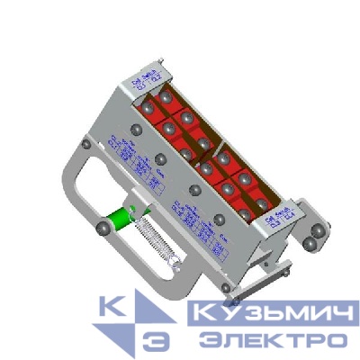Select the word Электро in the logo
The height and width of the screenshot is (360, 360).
pyautogui.click(x=273, y=341)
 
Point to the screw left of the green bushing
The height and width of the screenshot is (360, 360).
pyautogui.click(x=104, y=230)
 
